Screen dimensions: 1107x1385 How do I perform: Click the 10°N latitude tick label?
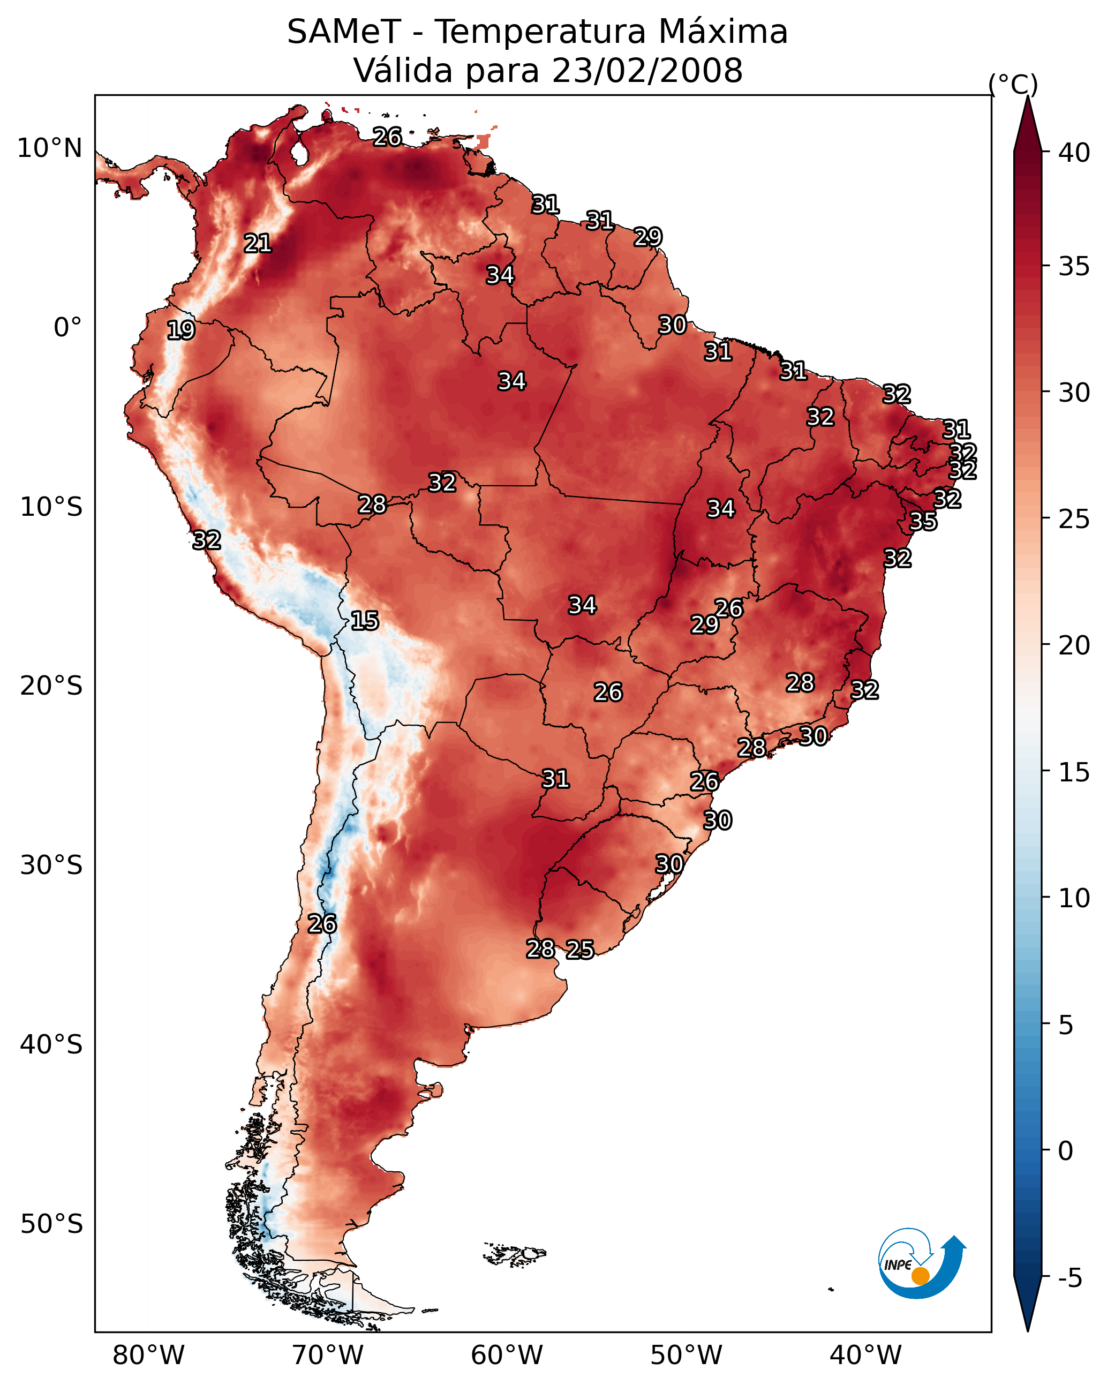(x=49, y=148)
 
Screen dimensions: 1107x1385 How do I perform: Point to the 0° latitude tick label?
(x=68, y=328)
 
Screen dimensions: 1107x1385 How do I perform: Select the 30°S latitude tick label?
(x=51, y=865)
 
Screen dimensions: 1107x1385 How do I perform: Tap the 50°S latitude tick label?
(x=51, y=1224)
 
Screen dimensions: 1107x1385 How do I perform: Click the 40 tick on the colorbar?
(x=1074, y=153)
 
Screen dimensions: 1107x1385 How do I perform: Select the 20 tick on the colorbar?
(x=1074, y=645)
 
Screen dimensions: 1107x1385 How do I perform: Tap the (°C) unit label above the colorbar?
(x=1013, y=84)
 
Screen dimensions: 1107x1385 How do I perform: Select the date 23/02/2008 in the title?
(x=647, y=70)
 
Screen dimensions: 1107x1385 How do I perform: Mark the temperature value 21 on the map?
(x=258, y=244)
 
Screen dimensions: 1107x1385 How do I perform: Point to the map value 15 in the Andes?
(x=364, y=621)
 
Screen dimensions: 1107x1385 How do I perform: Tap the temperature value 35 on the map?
(x=923, y=521)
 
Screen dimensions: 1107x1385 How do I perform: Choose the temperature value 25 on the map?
(x=579, y=950)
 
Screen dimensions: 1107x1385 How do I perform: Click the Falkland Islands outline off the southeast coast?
(x=515, y=1253)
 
